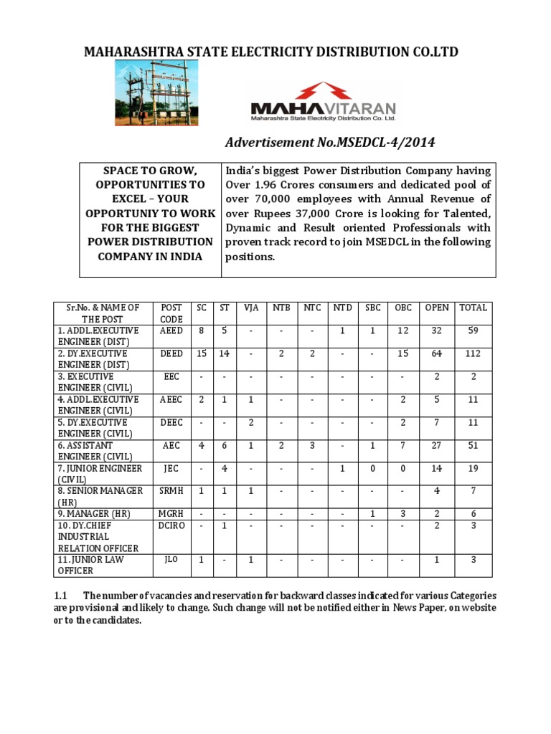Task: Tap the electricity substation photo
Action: [x=157, y=91]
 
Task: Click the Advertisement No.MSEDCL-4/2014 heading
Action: [x=330, y=143]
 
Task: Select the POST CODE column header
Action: [x=171, y=313]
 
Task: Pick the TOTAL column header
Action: [x=473, y=308]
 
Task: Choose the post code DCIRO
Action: [x=171, y=525]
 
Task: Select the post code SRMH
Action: [x=171, y=491]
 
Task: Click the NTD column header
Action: [x=342, y=308]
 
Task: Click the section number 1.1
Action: [x=61, y=596]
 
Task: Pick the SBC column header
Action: [x=372, y=308]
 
